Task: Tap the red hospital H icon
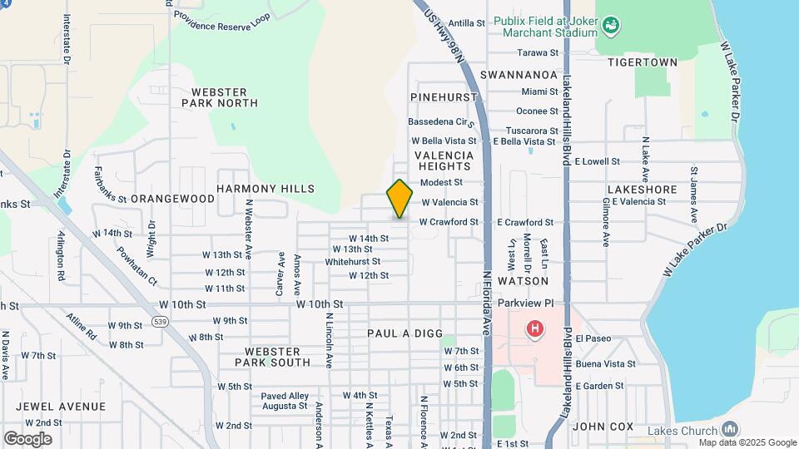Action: tap(534, 330)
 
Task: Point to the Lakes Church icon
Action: tap(730, 429)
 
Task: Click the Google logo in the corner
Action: tap(27, 438)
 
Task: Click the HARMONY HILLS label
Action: tap(266, 189)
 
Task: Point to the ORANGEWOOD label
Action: tap(172, 199)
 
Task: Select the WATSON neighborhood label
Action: tap(523, 281)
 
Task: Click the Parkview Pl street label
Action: tap(525, 304)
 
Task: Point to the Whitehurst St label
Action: tap(358, 261)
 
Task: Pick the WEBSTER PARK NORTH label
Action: tap(220, 96)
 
